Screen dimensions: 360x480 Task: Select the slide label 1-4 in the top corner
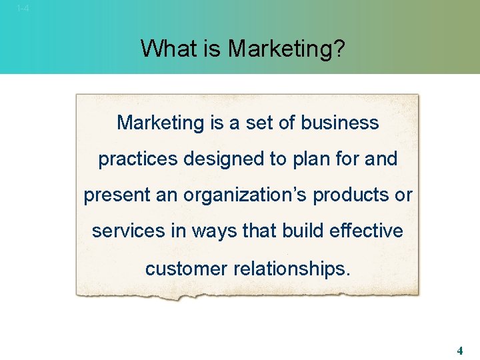pos(23,8)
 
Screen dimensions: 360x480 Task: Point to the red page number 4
pos(460,350)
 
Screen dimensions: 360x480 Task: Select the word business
pos(339,123)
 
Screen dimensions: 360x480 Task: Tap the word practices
pos(138,159)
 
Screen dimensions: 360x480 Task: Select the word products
pos(354,195)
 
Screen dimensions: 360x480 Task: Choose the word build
pos(297,231)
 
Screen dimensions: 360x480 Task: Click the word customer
pos(187,269)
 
